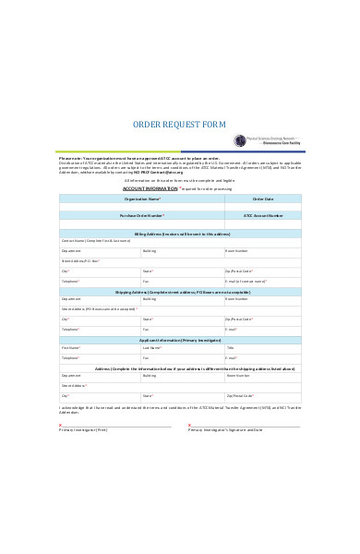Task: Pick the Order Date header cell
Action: coord(262,199)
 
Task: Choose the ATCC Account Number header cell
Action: coord(262,215)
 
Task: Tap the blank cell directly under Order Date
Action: coord(262,207)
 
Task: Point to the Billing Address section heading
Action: coord(179,234)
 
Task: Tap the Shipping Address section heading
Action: coord(179,291)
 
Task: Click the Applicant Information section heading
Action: coord(179,340)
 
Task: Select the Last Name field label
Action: coord(153,348)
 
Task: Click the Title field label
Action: coord(230,348)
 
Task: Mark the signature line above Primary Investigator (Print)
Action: coord(115,426)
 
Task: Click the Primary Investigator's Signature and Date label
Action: coord(227,430)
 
